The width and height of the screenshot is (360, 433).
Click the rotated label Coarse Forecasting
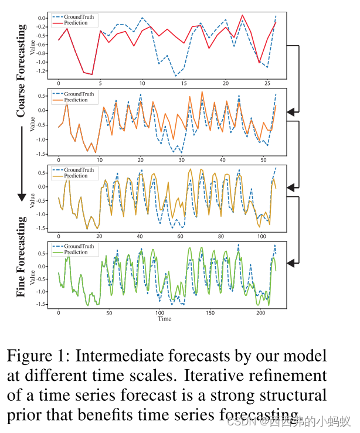(21, 70)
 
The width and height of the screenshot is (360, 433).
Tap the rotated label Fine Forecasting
(21, 257)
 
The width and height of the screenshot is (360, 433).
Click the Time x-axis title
(164, 319)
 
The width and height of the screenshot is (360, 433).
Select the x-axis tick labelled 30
(181, 160)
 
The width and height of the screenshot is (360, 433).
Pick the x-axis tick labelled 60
(180, 237)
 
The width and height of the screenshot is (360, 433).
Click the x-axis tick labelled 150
(210, 313)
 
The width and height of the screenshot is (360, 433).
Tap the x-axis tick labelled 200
(261, 313)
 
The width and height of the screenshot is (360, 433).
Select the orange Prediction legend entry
(75, 100)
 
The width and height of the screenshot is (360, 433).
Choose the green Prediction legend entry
(75, 253)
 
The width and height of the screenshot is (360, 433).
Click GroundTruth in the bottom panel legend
(78, 247)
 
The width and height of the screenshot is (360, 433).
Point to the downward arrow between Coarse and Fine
(22, 164)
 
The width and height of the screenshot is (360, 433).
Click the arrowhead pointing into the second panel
(291, 111)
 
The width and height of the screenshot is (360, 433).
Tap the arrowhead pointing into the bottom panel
(291, 264)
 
